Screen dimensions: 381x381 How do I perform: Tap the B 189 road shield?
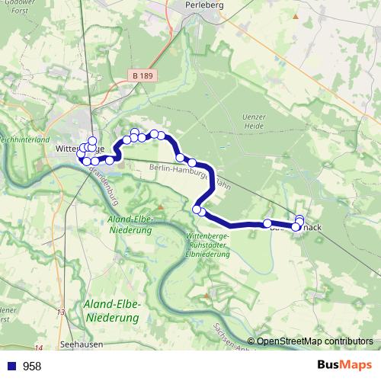coord(142,75)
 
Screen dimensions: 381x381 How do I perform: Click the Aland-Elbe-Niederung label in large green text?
coord(117,311)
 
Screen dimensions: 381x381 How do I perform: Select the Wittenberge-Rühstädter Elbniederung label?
coord(207,245)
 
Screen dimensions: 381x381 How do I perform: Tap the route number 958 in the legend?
coord(32,367)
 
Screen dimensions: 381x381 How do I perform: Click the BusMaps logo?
coord(344,366)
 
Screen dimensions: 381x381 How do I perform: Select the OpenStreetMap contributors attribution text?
coord(314,341)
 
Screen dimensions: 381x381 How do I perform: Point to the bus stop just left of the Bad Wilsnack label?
coord(268,224)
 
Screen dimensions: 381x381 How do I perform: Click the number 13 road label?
coord(61,312)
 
